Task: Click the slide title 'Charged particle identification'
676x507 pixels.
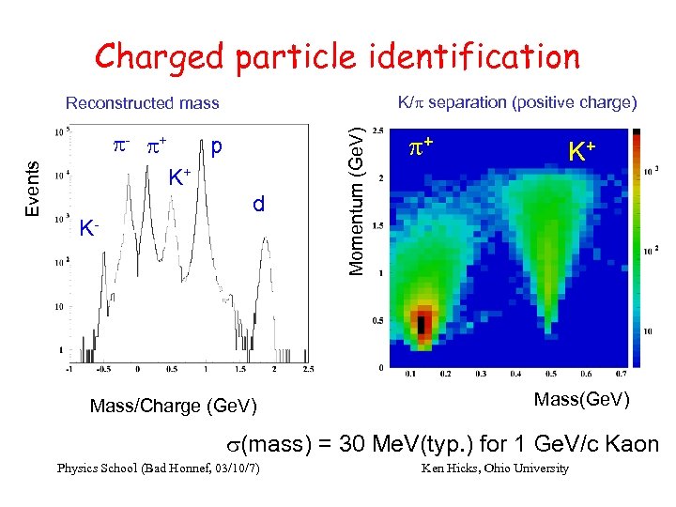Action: (337, 56)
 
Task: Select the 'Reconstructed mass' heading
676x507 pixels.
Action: (142, 103)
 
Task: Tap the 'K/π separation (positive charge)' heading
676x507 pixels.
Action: (517, 101)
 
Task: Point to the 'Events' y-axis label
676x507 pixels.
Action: (32, 188)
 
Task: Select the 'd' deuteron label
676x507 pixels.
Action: (258, 204)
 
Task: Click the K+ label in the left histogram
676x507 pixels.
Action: (179, 176)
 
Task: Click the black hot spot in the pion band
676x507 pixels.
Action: (422, 325)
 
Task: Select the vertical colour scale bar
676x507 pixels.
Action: (641, 248)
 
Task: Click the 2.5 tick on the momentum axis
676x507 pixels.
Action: (377, 130)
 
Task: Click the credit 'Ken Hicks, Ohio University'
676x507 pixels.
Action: (496, 469)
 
